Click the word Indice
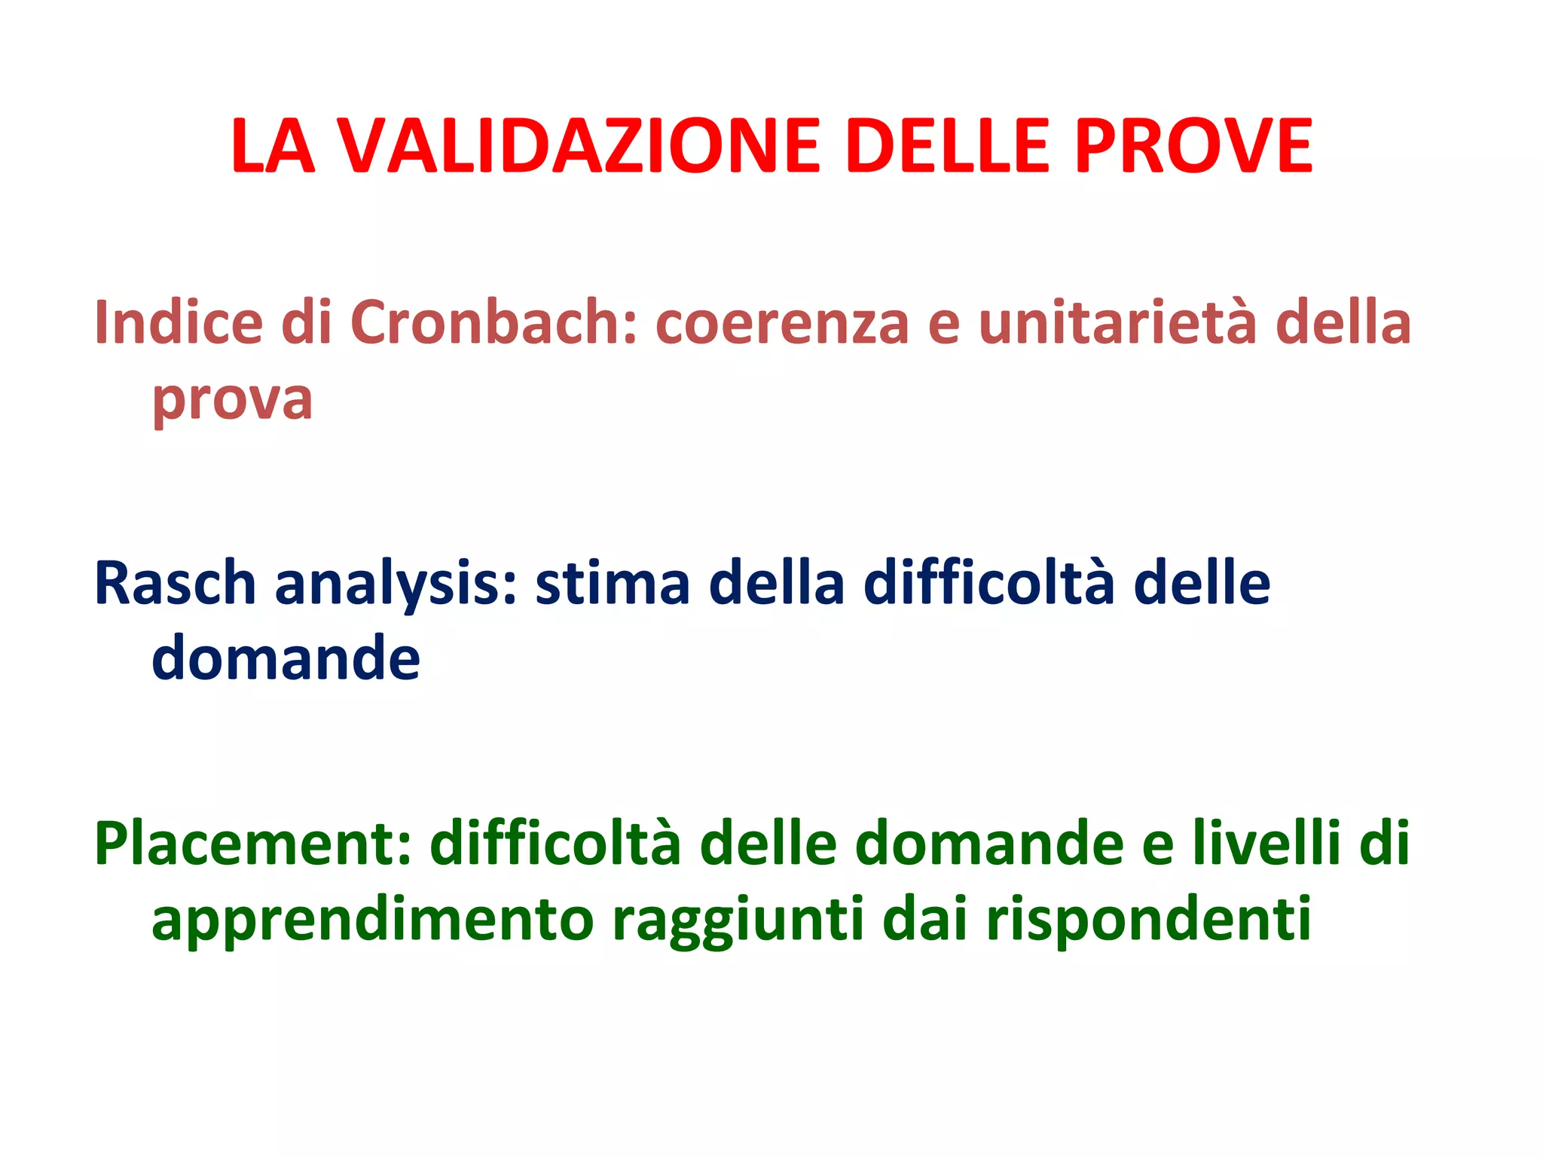(x=179, y=322)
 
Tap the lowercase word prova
(x=232, y=401)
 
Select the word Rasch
(x=176, y=584)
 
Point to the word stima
(x=613, y=584)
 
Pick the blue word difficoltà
(x=988, y=584)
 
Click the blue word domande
(x=286, y=658)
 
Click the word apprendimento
(x=373, y=921)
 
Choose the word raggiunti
(x=738, y=921)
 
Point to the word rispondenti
(x=1149, y=921)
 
